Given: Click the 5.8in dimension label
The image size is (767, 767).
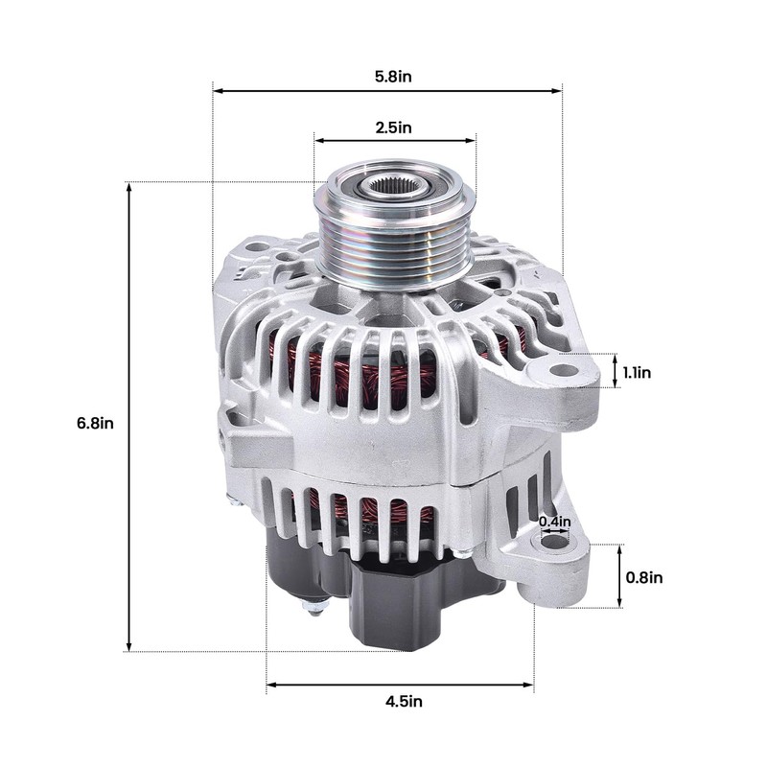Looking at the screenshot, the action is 393,77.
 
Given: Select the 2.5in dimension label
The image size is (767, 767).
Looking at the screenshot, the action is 393,128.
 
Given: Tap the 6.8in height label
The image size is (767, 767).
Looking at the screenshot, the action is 95,423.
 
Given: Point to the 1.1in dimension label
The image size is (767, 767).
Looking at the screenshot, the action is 637,373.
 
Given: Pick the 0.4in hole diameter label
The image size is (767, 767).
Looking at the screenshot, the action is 555,522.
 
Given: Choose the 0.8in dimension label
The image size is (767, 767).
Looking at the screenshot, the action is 644,578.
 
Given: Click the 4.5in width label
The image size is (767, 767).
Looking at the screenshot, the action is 404,702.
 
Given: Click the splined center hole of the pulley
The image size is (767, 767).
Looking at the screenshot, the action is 393,186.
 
